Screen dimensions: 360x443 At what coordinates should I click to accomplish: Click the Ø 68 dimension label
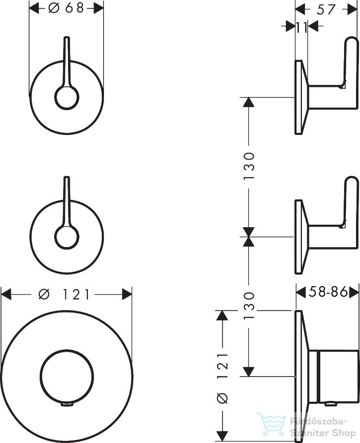click(x=66, y=8)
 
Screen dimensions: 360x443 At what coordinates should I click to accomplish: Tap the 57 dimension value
click(x=326, y=9)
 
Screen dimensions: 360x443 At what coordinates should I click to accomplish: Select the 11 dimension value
click(x=301, y=27)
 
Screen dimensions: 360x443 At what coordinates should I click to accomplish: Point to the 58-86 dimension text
click(x=328, y=292)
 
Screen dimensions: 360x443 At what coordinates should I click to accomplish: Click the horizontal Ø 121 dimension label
click(x=64, y=294)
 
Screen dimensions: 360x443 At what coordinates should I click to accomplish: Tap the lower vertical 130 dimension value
click(x=249, y=306)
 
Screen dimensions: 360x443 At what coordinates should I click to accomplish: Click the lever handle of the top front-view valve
click(x=67, y=61)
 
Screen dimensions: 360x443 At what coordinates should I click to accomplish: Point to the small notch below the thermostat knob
click(x=67, y=405)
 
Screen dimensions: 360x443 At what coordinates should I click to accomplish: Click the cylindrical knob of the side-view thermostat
click(x=338, y=376)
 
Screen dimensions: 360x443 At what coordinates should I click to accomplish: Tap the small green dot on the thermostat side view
click(x=296, y=377)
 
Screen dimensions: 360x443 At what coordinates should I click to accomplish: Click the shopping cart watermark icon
click(x=271, y=424)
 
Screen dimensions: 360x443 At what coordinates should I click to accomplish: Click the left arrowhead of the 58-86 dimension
click(x=301, y=292)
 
